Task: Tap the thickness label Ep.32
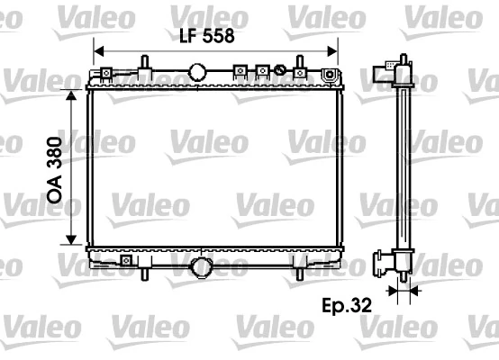click(x=348, y=304)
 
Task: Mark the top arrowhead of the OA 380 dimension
click(x=70, y=94)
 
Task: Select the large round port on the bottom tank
click(x=202, y=266)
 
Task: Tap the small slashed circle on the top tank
click(x=280, y=70)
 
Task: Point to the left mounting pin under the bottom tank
click(x=144, y=271)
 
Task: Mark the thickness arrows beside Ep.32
click(x=402, y=291)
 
